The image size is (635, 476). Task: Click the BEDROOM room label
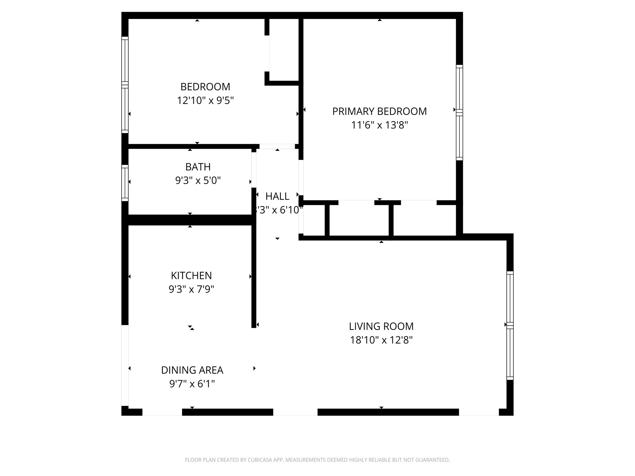205,86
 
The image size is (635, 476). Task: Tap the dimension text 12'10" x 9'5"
205,101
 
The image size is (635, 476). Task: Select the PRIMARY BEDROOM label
379,111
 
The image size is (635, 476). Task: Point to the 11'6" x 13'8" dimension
379,125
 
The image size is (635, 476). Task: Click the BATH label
198,167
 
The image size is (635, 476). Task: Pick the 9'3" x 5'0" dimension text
198,180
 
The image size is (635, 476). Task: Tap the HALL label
277,196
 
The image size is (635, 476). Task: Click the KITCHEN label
191,275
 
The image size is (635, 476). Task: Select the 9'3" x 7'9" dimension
191,289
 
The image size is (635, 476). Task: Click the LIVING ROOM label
381,326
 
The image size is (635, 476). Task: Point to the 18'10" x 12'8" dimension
381,340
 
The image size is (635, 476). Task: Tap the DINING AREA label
192,370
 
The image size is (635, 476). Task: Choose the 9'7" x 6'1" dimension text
192,384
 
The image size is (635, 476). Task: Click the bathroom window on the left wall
125,183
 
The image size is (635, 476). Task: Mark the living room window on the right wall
510,325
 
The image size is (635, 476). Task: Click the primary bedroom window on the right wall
459,112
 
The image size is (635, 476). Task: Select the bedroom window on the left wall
125,85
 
